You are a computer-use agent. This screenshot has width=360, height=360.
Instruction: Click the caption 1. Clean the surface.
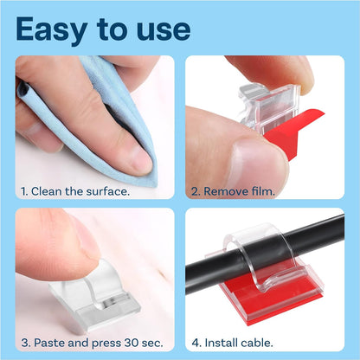coord(75,191)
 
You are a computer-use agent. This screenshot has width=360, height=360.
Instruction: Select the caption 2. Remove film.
coord(233,191)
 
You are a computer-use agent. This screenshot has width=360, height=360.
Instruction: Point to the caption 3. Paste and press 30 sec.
coord(93,343)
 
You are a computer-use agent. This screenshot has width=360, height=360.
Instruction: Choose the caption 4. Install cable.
coord(232,343)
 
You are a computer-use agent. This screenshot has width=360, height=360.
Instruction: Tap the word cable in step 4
coord(256,343)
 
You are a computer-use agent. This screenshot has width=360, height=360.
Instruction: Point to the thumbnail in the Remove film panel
coord(258,163)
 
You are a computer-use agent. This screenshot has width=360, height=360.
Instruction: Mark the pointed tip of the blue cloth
coord(155,184)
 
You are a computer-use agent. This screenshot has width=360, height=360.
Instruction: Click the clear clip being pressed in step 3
coord(95,296)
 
